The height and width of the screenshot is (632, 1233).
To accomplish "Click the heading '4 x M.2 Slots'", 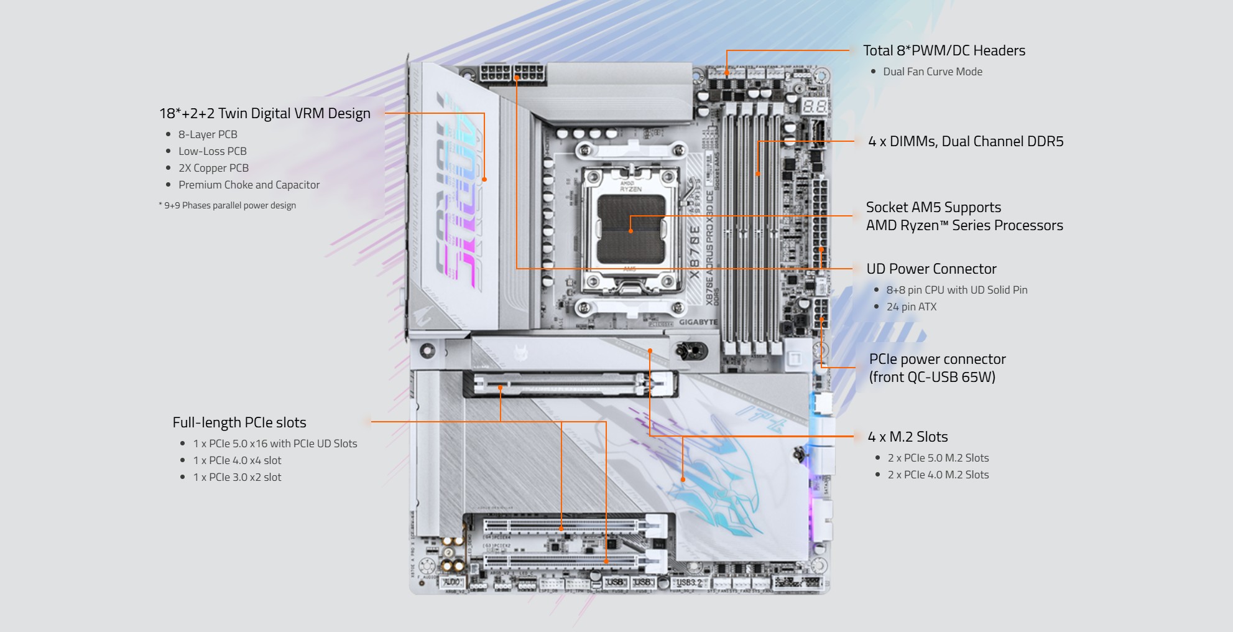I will (908, 437).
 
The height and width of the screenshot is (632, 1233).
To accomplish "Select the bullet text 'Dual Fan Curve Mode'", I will (932, 72).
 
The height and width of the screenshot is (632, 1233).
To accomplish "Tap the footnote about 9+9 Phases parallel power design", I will (228, 205).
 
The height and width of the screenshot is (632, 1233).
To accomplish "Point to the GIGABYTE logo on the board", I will (698, 322).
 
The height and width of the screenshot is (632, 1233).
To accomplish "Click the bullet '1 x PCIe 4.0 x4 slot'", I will (237, 460).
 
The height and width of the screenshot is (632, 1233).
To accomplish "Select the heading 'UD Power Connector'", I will (931, 269).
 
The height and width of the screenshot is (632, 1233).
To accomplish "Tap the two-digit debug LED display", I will (814, 106).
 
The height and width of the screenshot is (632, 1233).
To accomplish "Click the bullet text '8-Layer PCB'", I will (208, 134).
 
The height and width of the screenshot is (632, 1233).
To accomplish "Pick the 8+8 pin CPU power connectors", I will (512, 74).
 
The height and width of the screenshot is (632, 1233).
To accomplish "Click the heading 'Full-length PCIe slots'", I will (239, 422).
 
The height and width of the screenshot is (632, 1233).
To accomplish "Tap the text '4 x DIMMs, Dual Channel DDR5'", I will (965, 141).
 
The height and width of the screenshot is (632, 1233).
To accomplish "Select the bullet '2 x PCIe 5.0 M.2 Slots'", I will (938, 458).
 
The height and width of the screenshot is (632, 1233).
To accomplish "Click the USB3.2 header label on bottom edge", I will (688, 583).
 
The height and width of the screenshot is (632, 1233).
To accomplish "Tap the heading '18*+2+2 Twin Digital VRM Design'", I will (264, 113).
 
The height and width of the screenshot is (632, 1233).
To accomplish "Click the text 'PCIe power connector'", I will (937, 359).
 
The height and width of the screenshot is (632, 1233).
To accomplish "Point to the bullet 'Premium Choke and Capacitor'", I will (249, 185).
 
